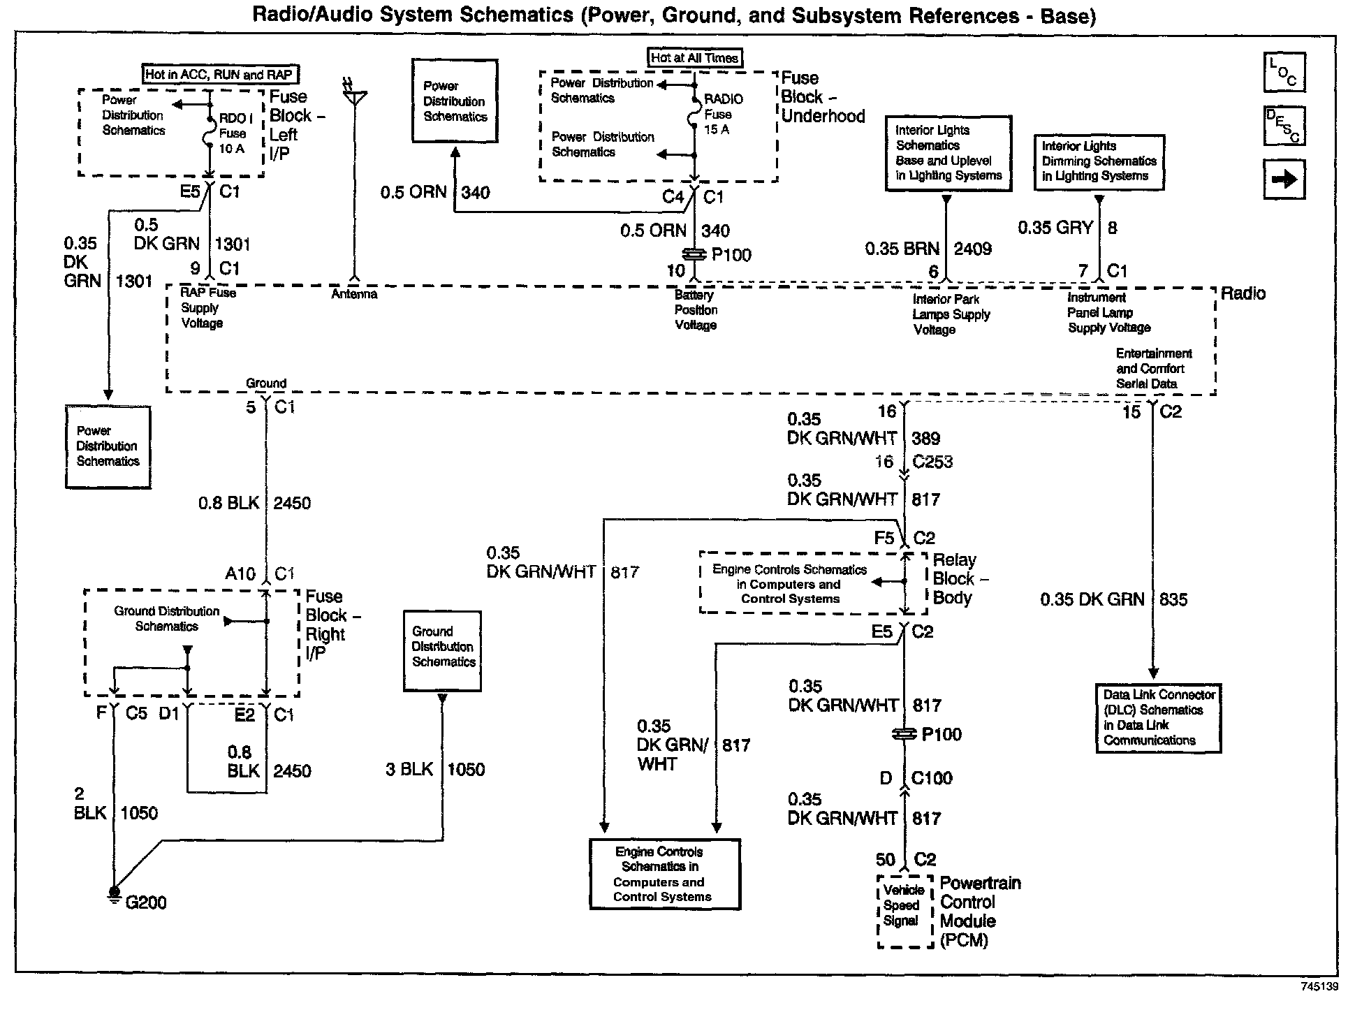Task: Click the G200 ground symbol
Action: (113, 895)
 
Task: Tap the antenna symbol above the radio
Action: (355, 94)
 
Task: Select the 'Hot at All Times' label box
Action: (694, 58)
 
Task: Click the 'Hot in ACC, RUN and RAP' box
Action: (219, 75)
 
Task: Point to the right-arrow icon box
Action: (1284, 180)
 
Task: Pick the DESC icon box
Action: (1284, 126)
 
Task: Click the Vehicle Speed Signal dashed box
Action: (904, 912)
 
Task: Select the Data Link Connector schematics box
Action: (1158, 718)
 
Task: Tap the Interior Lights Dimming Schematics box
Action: (1099, 162)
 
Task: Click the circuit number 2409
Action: (973, 249)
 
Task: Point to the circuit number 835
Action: (1173, 599)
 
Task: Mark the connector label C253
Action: (932, 462)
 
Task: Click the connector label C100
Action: (932, 778)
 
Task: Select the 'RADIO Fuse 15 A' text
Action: (722, 115)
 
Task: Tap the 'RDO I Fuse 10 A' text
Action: (232, 133)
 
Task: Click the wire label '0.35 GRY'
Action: (1055, 228)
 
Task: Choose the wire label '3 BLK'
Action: (409, 770)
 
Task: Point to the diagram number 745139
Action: (1319, 987)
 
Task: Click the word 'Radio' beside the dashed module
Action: (1243, 293)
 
